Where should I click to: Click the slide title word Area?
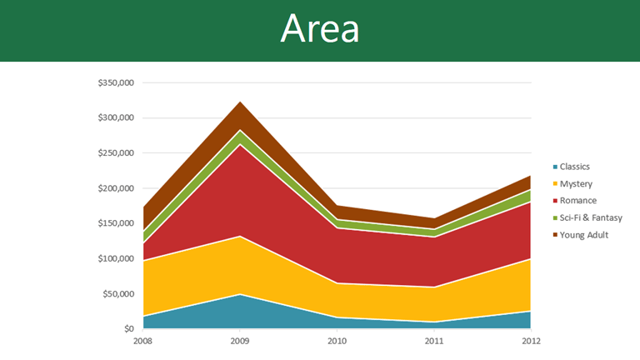coord(320,30)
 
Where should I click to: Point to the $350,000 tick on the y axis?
coord(115,83)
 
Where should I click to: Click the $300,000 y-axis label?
coord(115,118)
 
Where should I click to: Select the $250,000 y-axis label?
coord(115,153)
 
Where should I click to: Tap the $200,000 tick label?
coord(115,188)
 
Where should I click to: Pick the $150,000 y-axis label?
coord(115,223)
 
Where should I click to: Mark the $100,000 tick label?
coord(115,258)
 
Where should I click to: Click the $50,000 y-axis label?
coord(117,293)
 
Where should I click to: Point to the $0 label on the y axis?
coord(128,329)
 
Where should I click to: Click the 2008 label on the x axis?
coord(143,340)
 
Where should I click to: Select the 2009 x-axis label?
coord(240,340)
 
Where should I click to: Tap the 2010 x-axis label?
coord(337,340)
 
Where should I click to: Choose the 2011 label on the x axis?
coord(434,340)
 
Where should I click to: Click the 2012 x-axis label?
coord(531,340)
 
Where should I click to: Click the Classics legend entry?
coord(574,167)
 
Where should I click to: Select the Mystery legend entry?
coord(574,183)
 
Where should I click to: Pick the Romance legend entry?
coord(577,201)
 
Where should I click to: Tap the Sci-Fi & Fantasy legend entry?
coord(589,217)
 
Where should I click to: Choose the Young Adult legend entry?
coord(583,235)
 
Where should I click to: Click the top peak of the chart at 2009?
coord(240,102)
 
